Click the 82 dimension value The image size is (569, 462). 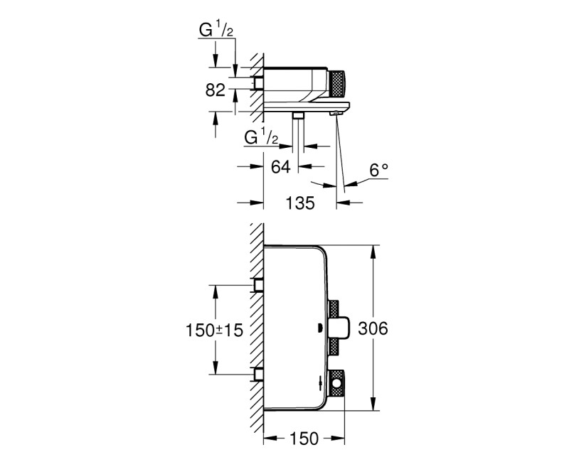click(x=216, y=90)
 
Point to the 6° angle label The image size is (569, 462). click(x=379, y=170)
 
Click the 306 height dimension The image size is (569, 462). click(x=393, y=328)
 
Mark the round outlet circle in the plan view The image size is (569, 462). click(x=338, y=385)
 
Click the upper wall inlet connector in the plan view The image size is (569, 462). click(x=260, y=286)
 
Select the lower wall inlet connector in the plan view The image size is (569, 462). click(x=260, y=374)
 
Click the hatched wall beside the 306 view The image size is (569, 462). click(x=257, y=327)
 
